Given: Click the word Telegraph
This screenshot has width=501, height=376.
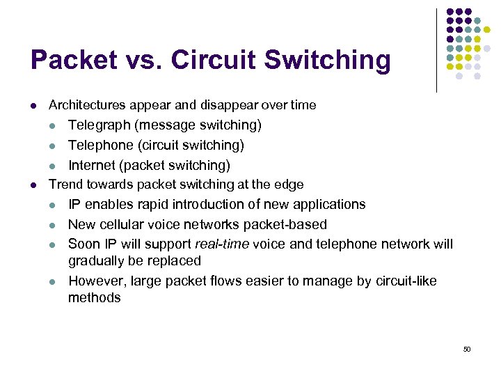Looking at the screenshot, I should pos(99,125).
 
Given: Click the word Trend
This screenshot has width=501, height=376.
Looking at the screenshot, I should pos(65,185).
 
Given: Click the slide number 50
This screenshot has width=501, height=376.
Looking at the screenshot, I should pos(467,349).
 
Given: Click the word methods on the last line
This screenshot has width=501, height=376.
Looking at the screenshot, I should pos(94,297).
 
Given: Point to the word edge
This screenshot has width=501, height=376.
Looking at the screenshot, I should pos(290,185).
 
